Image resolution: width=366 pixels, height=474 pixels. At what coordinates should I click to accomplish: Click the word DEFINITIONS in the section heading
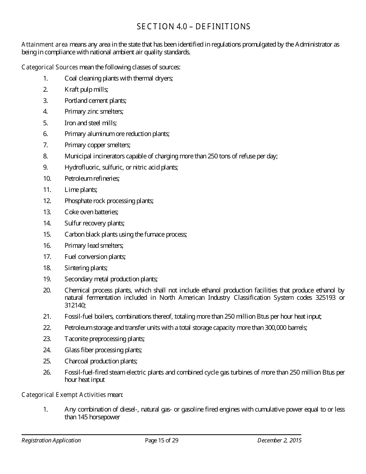(225, 27)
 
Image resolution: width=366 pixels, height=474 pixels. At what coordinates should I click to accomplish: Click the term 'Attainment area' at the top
(45, 45)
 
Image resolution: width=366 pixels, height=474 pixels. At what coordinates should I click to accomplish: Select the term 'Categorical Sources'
(50, 67)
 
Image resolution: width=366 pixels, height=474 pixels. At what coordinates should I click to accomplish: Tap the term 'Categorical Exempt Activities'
(64, 395)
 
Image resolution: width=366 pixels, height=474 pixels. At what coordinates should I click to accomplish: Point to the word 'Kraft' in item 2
(71, 89)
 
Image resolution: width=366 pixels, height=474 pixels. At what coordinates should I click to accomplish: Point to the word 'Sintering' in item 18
(76, 268)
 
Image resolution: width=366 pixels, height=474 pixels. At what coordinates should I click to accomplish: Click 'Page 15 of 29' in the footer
(161, 440)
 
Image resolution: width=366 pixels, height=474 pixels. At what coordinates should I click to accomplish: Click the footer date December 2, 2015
(279, 440)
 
